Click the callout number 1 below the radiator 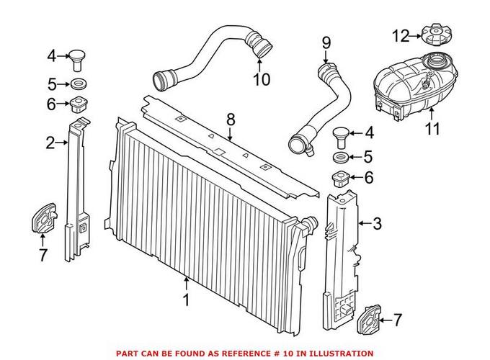click(x=187, y=300)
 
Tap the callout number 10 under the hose click(x=261, y=79)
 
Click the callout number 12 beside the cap click(x=401, y=35)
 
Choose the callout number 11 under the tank click(x=431, y=130)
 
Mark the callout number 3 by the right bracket click(x=377, y=224)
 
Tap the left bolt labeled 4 click(x=77, y=55)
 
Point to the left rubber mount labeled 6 click(x=77, y=104)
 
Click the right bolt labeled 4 click(x=341, y=133)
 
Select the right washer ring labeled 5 click(x=341, y=156)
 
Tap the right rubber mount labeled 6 click(x=341, y=179)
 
